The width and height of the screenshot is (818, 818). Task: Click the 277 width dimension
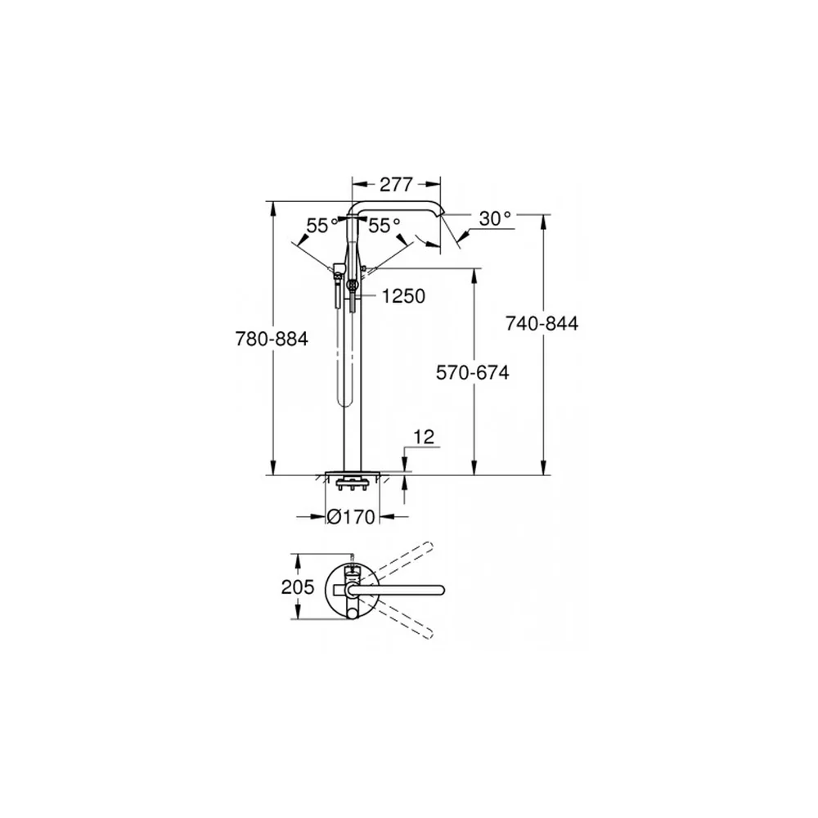click(396, 184)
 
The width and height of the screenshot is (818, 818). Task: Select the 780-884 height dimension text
click(272, 339)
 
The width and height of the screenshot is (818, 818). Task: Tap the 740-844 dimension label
click(542, 323)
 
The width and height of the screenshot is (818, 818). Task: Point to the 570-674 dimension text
click(473, 372)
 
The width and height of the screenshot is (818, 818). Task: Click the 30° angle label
click(495, 218)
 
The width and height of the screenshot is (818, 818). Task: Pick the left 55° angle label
click(322, 226)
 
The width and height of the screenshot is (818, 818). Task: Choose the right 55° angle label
click(384, 226)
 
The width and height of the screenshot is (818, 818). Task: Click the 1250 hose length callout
click(403, 296)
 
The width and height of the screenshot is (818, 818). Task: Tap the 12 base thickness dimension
click(424, 437)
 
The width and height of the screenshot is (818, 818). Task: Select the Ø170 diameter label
click(351, 516)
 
